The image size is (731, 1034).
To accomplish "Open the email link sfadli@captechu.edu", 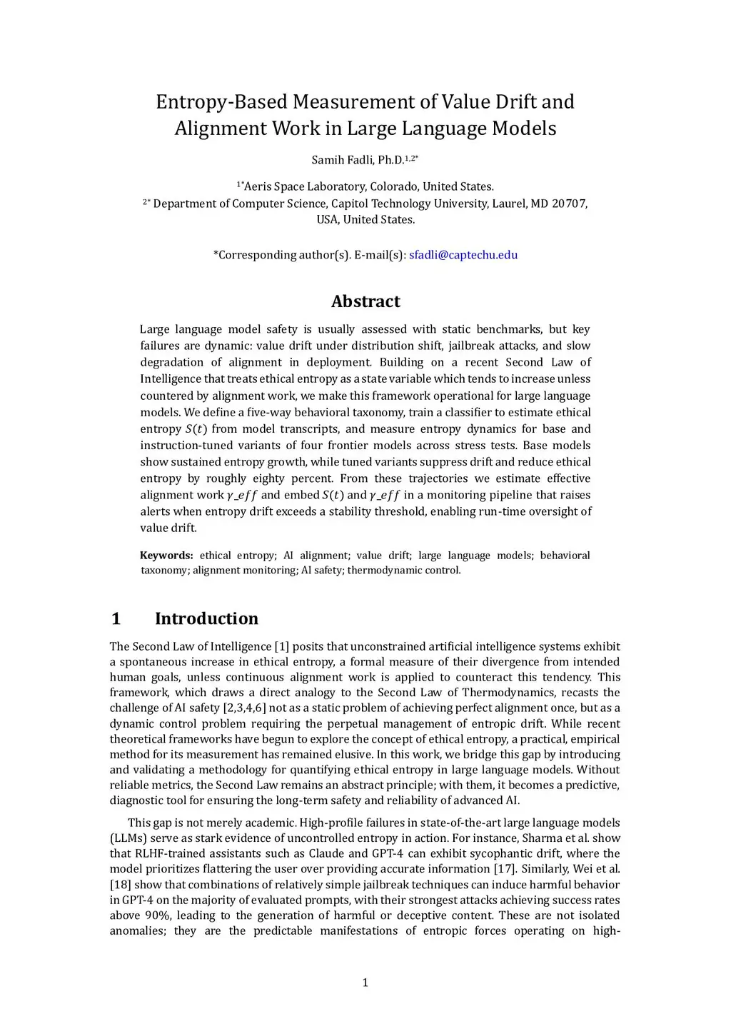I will coord(463,255).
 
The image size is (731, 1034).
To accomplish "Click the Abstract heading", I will coord(365,301).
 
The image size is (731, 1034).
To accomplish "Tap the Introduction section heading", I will coord(206,618).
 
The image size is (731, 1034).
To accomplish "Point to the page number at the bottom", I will coord(365,983).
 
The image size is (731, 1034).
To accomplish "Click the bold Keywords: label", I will coord(166,556).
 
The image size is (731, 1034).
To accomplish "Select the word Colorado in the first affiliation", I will coord(393,186).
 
